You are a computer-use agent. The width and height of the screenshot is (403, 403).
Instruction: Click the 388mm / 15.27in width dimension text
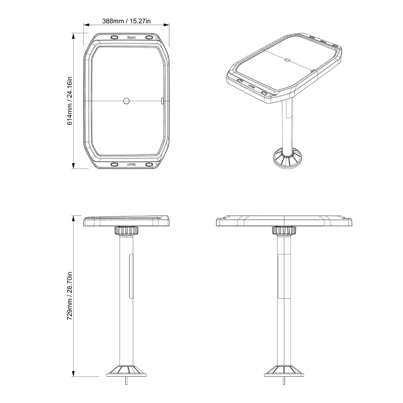[126, 21]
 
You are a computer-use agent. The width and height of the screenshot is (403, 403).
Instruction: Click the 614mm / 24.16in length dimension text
[70, 101]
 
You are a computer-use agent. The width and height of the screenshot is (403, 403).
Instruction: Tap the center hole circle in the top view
[126, 100]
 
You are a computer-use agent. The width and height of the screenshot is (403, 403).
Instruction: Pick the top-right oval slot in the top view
[148, 37]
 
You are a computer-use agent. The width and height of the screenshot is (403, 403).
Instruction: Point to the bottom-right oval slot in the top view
[148, 164]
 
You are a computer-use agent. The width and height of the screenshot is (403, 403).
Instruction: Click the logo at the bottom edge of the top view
[131, 164]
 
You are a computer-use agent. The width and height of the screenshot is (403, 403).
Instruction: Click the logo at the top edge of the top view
[131, 37]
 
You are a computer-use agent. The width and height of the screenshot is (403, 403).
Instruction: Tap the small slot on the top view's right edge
[163, 100]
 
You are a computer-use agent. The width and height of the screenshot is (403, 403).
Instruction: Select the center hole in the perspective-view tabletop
[287, 60]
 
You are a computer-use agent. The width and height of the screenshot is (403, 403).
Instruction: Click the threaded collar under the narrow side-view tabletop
[127, 231]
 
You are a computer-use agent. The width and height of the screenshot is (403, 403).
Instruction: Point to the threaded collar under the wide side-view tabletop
[284, 231]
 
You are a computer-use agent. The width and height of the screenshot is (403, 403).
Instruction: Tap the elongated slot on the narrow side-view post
[131, 276]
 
